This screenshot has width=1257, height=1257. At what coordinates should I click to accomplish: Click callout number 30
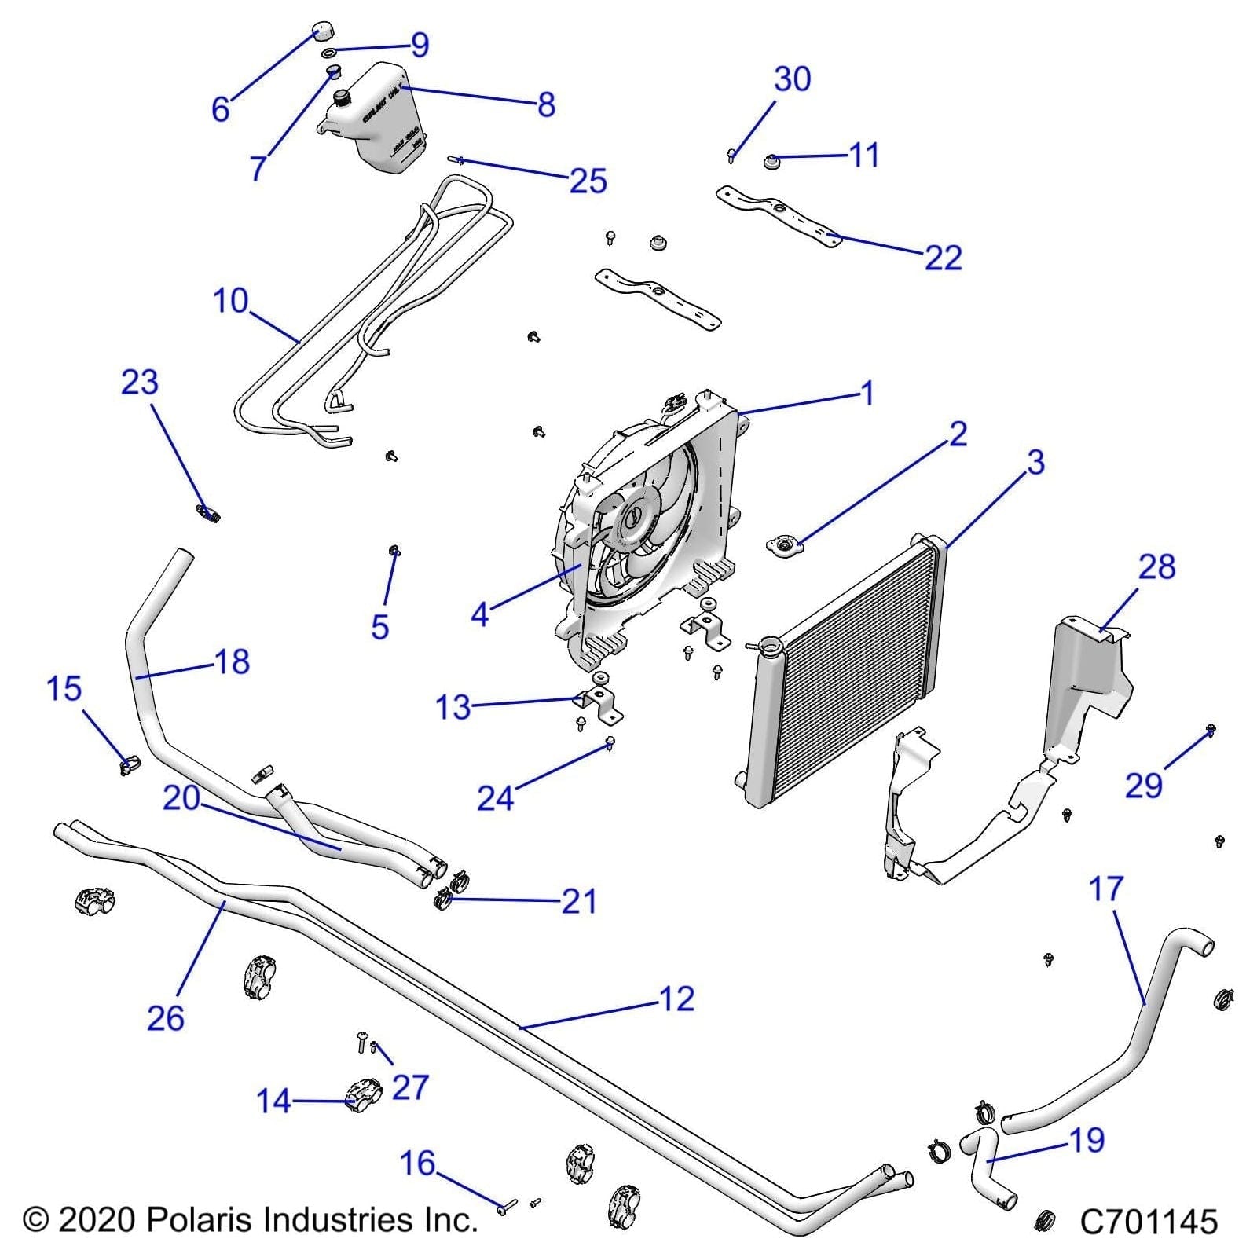[792, 79]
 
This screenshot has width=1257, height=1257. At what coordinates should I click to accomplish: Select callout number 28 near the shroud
[1156, 567]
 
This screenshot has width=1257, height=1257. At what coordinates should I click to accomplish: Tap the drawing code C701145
[1148, 1222]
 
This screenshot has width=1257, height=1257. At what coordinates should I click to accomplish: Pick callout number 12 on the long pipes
[677, 999]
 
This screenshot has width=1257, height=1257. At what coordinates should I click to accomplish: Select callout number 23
[140, 383]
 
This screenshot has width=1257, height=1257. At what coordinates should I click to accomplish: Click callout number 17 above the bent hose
[1106, 889]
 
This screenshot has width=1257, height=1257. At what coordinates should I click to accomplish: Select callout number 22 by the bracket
[943, 258]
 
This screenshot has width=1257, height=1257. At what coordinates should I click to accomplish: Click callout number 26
[166, 1018]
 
